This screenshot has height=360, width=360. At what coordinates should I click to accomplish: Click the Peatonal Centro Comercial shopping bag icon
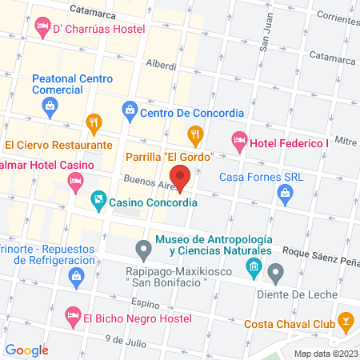(50, 105)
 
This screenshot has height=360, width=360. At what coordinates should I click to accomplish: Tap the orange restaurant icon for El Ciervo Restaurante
(94, 123)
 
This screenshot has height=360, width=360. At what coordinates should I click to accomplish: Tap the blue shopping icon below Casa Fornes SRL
(285, 192)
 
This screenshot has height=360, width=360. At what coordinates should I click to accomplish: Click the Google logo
(27, 350)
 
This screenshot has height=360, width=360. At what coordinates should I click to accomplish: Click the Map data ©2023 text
(325, 353)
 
